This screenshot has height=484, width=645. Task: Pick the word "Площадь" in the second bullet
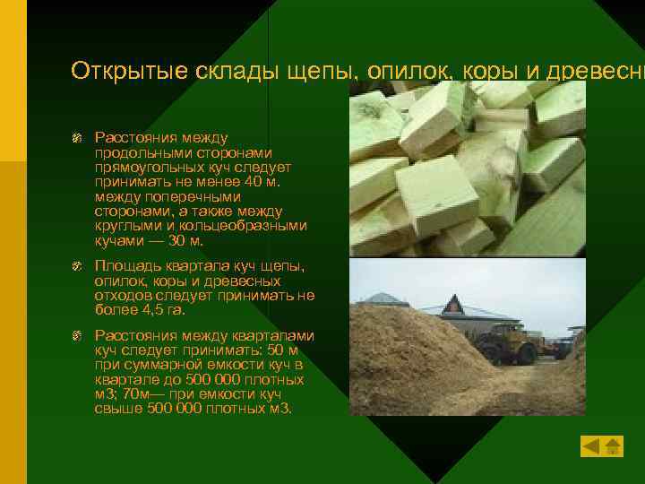point(125,267)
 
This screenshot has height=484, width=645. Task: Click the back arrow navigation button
point(589,445)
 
